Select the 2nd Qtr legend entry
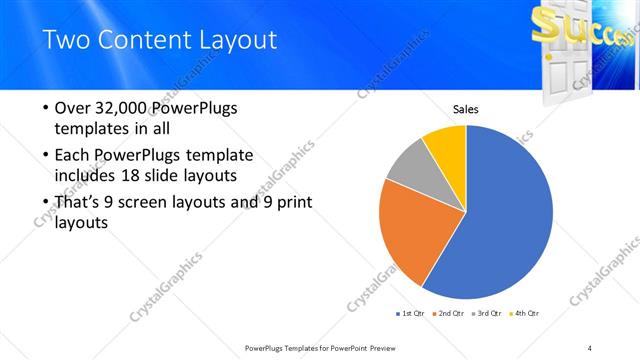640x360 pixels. point(448,314)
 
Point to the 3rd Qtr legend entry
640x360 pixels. point(488,314)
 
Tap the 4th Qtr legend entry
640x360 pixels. point(526,314)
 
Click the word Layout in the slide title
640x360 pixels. point(232,40)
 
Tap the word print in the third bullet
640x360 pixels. point(293,202)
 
